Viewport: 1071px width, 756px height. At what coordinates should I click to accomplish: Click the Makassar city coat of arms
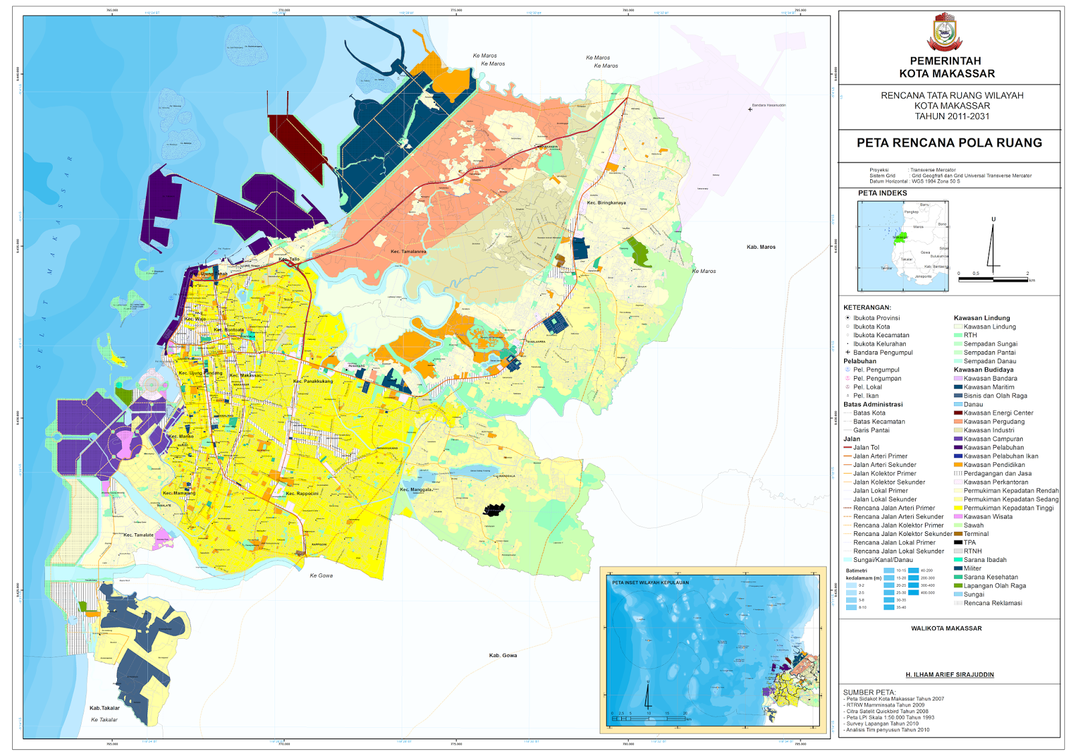[949, 31]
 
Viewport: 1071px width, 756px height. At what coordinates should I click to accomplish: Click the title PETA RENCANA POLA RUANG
[949, 143]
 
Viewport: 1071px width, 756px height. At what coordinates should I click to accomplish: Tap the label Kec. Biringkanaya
[606, 203]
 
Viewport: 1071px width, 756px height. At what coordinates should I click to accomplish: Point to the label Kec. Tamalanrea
[408, 252]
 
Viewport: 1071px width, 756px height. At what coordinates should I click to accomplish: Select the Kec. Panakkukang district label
[313, 381]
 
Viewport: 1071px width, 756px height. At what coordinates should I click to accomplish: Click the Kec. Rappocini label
[302, 494]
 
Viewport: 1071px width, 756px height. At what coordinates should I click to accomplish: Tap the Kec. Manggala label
[416, 490]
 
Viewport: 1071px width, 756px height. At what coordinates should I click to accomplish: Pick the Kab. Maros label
[761, 247]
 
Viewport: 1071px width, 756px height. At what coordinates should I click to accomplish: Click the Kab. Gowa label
[503, 656]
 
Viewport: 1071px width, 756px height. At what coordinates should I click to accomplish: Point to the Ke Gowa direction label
[321, 575]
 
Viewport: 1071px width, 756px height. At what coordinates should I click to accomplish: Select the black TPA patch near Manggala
[494, 510]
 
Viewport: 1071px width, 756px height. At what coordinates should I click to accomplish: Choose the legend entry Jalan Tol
[866, 448]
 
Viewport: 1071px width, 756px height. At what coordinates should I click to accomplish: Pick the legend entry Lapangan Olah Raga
[994, 586]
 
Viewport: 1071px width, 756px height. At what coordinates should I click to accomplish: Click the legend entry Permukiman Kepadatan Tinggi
[1008, 508]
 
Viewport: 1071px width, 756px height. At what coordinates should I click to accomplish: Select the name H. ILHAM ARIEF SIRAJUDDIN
[949, 675]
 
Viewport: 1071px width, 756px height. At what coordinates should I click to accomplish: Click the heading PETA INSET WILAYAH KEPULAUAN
[650, 583]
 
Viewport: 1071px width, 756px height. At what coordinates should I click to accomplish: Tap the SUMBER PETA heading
[869, 692]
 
